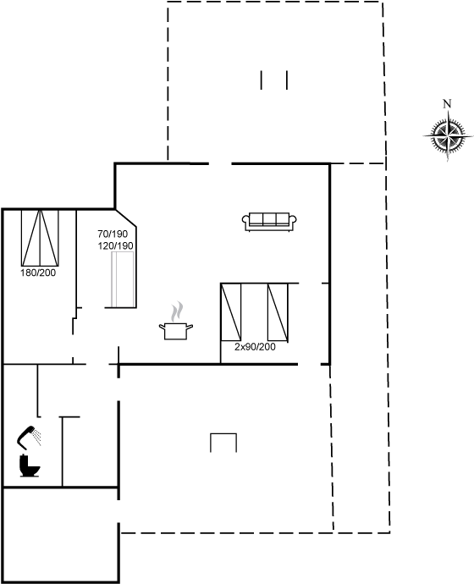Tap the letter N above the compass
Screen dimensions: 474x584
447,103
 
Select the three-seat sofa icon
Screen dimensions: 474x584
269,221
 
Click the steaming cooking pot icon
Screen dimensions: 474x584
176,321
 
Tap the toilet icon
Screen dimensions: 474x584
30,466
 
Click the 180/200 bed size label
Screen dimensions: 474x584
38,273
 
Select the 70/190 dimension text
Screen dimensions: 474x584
113,234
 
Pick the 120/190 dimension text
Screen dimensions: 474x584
115,245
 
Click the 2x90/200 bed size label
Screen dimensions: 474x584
255,347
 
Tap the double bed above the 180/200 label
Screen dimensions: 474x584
40,238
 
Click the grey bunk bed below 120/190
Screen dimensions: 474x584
123,278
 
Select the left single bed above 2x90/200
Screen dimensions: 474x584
230,311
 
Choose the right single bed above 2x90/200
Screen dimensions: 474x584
278,312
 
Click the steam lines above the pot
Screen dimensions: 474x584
177,311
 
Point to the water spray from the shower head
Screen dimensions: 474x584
37,438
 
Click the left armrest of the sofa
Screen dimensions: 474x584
245,222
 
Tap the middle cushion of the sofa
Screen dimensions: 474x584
269,219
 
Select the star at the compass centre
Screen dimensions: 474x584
447,135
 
